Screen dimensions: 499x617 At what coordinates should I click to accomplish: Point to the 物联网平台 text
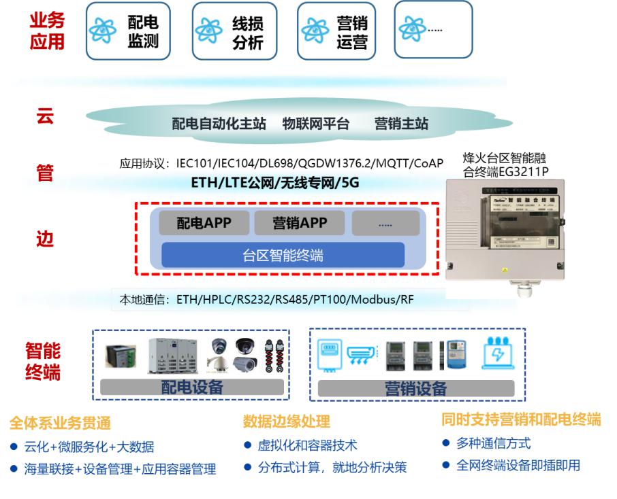click(315, 124)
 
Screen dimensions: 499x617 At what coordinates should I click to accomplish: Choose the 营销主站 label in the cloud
click(401, 124)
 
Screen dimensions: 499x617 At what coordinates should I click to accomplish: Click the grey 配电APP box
click(204, 223)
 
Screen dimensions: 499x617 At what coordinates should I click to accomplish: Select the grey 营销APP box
click(300, 223)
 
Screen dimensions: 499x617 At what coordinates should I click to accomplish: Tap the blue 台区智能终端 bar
click(283, 256)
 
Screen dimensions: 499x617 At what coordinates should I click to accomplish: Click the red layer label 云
click(45, 116)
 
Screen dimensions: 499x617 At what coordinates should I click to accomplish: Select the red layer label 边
click(45, 239)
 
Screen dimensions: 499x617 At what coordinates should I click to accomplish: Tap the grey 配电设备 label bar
click(191, 388)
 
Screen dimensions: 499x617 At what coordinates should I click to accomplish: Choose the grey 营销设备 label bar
click(415, 388)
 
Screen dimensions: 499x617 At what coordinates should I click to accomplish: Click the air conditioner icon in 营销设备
click(361, 355)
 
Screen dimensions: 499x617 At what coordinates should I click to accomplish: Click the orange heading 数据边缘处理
click(286, 421)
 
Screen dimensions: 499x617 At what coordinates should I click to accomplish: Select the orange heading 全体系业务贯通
click(60, 423)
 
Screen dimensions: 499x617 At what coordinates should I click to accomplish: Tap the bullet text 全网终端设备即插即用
click(518, 466)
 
